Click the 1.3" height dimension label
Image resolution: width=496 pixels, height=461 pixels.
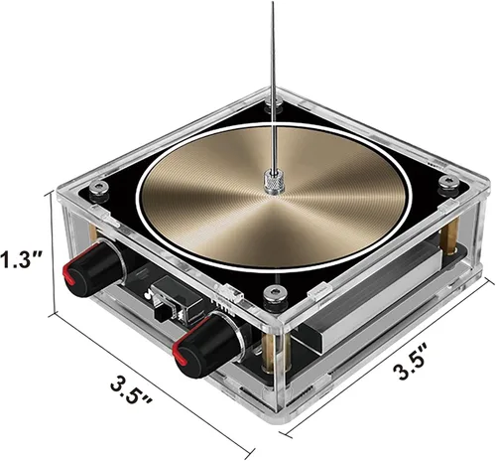[21, 261]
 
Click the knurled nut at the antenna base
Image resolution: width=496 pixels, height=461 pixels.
[269, 180]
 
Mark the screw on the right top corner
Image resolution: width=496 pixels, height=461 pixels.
[448, 182]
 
